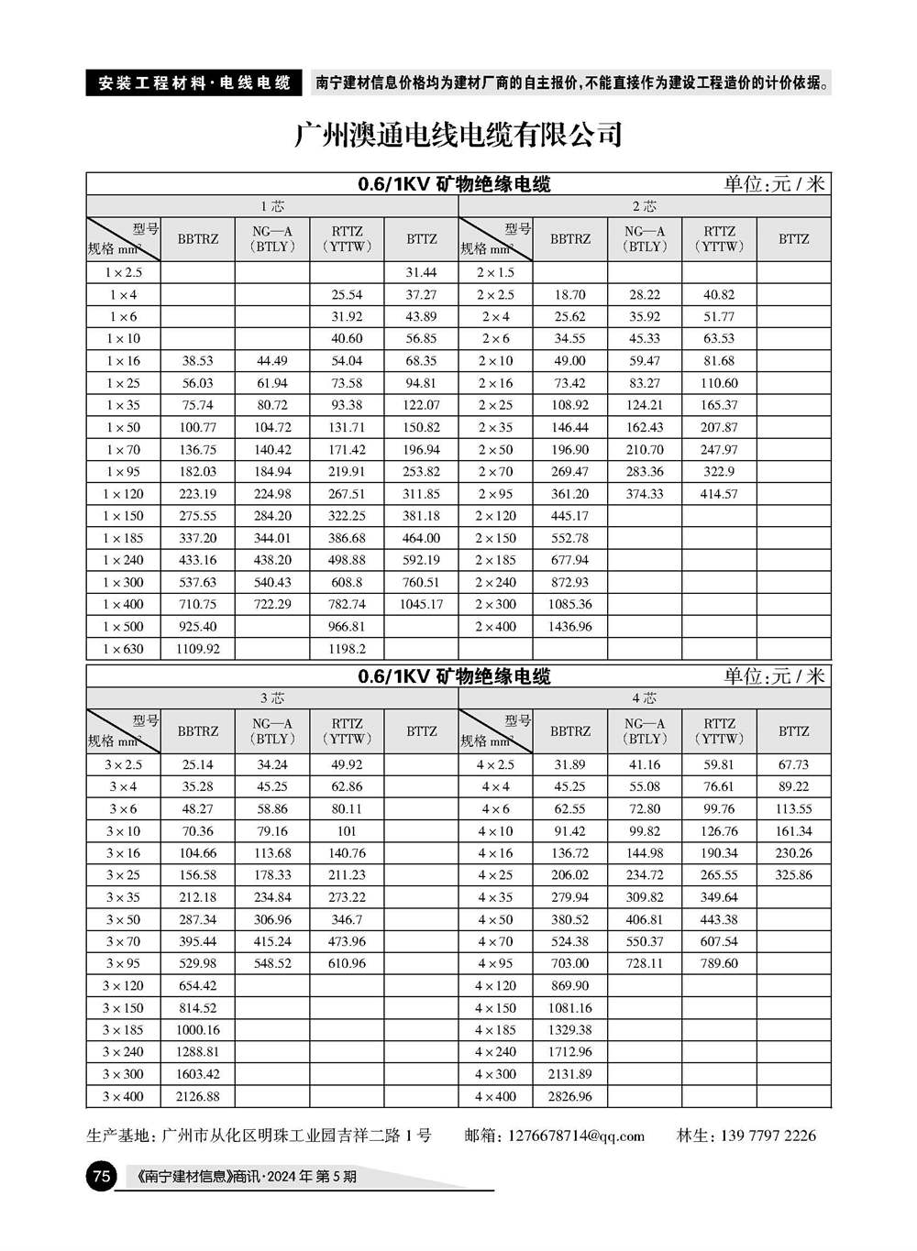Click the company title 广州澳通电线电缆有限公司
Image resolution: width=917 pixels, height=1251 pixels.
pos(458,135)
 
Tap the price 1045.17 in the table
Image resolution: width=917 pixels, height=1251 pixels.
pos(421,605)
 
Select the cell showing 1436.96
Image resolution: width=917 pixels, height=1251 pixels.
pos(569,627)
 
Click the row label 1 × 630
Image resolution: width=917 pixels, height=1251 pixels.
pos(123,649)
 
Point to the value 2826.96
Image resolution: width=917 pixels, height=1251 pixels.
pos(569,1096)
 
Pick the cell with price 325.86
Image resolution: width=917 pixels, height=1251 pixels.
pos(793,875)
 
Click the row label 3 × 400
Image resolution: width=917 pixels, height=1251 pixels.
pos(123,1096)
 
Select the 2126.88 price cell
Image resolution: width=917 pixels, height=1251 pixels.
pos(198,1096)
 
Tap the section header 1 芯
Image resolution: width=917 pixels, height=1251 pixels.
pos(272,206)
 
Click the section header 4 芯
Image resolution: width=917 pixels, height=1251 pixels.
pos(644,698)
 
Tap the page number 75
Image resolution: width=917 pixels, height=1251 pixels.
pos(101,1176)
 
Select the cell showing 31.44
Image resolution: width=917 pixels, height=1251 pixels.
pos(421,272)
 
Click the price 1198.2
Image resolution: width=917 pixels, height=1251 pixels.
pos(347,649)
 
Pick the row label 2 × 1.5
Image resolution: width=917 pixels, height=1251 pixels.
pos(495,272)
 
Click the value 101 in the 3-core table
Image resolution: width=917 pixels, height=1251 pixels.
pos(347,831)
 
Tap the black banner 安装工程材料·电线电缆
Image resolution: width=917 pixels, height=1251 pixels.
pos(193,82)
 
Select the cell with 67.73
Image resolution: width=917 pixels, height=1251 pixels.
pos(793,764)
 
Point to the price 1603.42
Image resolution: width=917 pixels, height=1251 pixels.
pos(198,1074)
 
